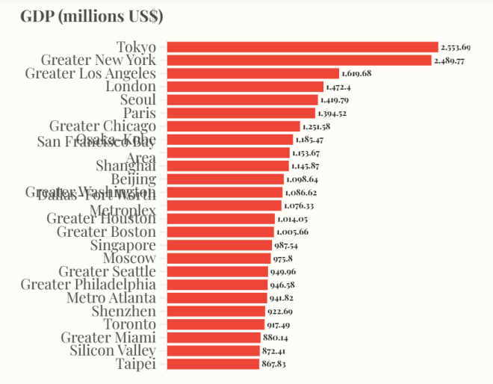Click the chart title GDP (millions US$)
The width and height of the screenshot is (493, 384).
pyautogui.click(x=92, y=16)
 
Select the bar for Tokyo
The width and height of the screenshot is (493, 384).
pyautogui.click(x=302, y=47)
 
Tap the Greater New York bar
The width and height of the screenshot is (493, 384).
pyautogui.click(x=299, y=60)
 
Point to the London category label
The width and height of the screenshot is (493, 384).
pyautogui.click(x=131, y=87)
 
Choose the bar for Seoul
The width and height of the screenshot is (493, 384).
pyautogui.click(x=242, y=99)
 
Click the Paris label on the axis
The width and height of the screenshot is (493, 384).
pyautogui.click(x=140, y=113)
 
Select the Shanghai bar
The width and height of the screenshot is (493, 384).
pyautogui.click(x=228, y=166)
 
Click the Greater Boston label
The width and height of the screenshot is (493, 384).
pyautogui.click(x=107, y=232)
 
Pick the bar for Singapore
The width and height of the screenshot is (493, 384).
pyautogui.click(x=219, y=245)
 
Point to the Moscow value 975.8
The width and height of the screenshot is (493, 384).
pyautogui.click(x=282, y=258)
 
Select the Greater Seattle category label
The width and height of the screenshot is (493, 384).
pyautogui.click(x=108, y=271)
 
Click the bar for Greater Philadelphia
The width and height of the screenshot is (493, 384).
pyautogui.click(x=217, y=285)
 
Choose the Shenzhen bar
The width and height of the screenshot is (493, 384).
pyautogui.click(x=216, y=311)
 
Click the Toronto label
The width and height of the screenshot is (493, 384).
pyautogui.click(x=130, y=324)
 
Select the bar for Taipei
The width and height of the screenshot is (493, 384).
pyautogui.click(x=213, y=364)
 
